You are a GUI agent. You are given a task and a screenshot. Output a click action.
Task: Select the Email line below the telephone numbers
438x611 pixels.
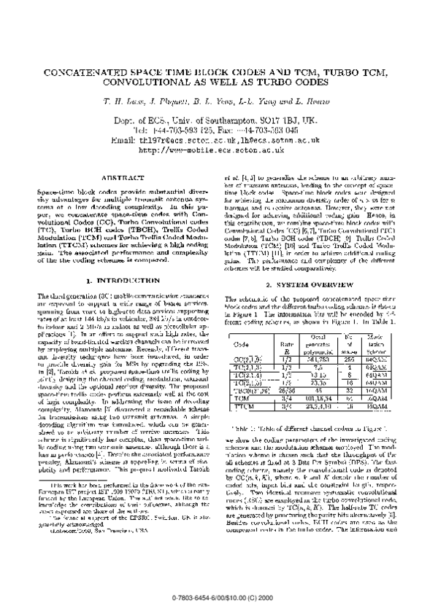220,139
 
